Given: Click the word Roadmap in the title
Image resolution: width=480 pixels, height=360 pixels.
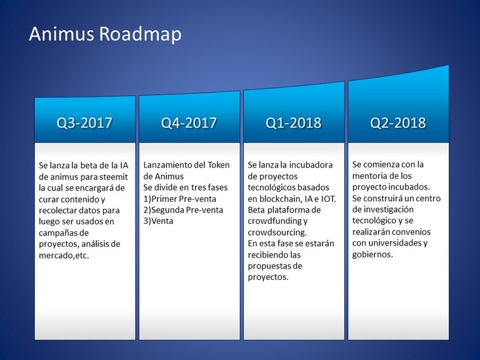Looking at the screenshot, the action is click(140, 34).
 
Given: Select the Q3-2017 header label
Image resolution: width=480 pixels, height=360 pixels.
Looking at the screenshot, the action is click(84, 122).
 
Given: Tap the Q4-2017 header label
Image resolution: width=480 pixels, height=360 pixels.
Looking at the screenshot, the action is click(189, 122).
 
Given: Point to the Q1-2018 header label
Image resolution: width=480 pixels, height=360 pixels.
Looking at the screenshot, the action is click(294, 122).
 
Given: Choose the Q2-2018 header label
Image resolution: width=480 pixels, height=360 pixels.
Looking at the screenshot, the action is click(398, 122).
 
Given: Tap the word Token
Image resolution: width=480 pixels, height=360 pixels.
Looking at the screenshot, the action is click(219, 165).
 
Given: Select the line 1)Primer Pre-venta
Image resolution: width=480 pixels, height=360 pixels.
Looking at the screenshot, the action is click(180, 199).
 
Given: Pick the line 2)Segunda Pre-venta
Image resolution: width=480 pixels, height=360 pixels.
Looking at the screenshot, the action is click(183, 210).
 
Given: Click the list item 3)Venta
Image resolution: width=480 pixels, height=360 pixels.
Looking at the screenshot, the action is click(158, 221).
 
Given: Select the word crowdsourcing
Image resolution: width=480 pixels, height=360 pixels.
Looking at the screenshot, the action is click(277, 232).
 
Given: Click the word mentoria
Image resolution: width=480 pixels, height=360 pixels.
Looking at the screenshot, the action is click(367, 176).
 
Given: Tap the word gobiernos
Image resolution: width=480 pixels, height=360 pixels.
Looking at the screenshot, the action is click(372, 255).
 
